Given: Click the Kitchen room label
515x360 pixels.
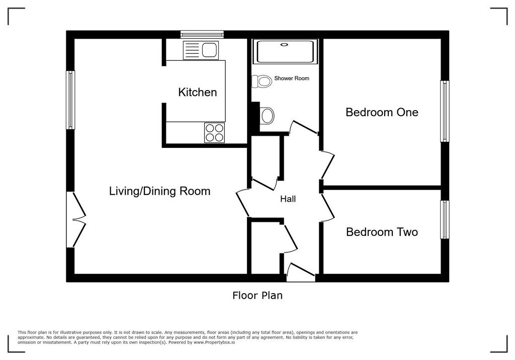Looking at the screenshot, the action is click(197, 93).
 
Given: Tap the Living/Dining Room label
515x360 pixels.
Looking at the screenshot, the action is click(159, 191).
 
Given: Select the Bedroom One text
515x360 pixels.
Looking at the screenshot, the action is click(382, 112).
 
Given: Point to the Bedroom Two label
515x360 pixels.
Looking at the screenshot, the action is click(382, 232).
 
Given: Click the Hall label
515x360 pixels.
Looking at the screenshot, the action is click(288, 199).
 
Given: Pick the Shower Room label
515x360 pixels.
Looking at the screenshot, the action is click(292, 78).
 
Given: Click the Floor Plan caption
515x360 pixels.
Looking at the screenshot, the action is click(257, 295).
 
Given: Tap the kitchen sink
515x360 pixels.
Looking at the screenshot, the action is click(201, 50).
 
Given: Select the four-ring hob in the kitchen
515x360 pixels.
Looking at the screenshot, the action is click(214, 133).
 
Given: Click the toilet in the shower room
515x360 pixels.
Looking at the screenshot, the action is click(262, 81).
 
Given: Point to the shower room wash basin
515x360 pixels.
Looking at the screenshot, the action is click(267, 116).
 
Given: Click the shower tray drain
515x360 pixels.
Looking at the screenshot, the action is click(284, 44).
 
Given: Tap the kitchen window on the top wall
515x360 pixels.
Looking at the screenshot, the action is click(202, 34).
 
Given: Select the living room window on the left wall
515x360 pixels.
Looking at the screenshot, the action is click(70, 100).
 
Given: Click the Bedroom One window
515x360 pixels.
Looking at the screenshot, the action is click(445, 111).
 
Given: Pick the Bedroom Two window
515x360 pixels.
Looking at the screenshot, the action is click(445, 219).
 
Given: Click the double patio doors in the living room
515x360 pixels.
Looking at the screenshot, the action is click(76, 219).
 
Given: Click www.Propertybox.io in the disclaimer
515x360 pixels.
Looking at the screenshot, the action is click(214, 342).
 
